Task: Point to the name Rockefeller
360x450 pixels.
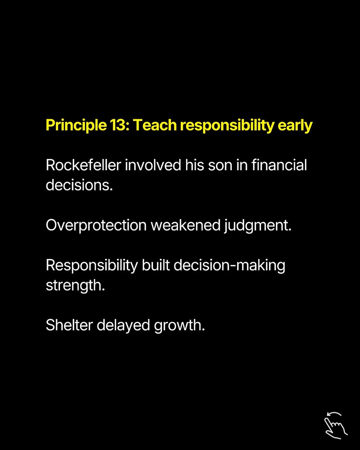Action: point(84,165)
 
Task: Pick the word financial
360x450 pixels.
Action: point(279,165)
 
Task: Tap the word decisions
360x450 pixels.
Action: point(79,185)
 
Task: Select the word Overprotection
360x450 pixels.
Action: point(96,226)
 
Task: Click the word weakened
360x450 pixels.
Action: point(186,225)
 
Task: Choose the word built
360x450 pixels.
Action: point(156,265)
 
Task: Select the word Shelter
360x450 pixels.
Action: point(69,325)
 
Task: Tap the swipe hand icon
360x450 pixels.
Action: point(336,425)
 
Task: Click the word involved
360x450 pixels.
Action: point(153,165)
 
